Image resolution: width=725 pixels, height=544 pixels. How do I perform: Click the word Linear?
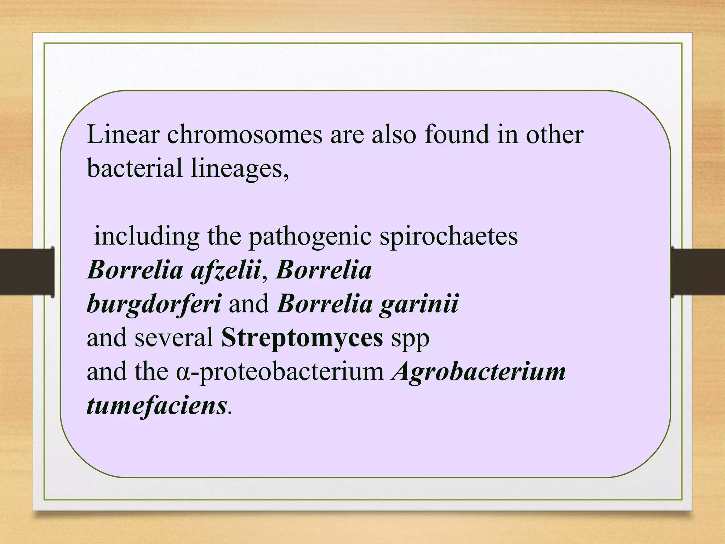pos(123,135)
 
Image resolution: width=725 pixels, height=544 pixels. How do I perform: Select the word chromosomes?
pos(245,135)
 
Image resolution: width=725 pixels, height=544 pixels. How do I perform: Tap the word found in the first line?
pos(456,135)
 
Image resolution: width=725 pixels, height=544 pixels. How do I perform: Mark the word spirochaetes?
pos(449,237)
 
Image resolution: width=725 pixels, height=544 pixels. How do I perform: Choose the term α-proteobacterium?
pos(280,372)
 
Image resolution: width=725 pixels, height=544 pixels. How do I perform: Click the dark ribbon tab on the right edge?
pos(698,272)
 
